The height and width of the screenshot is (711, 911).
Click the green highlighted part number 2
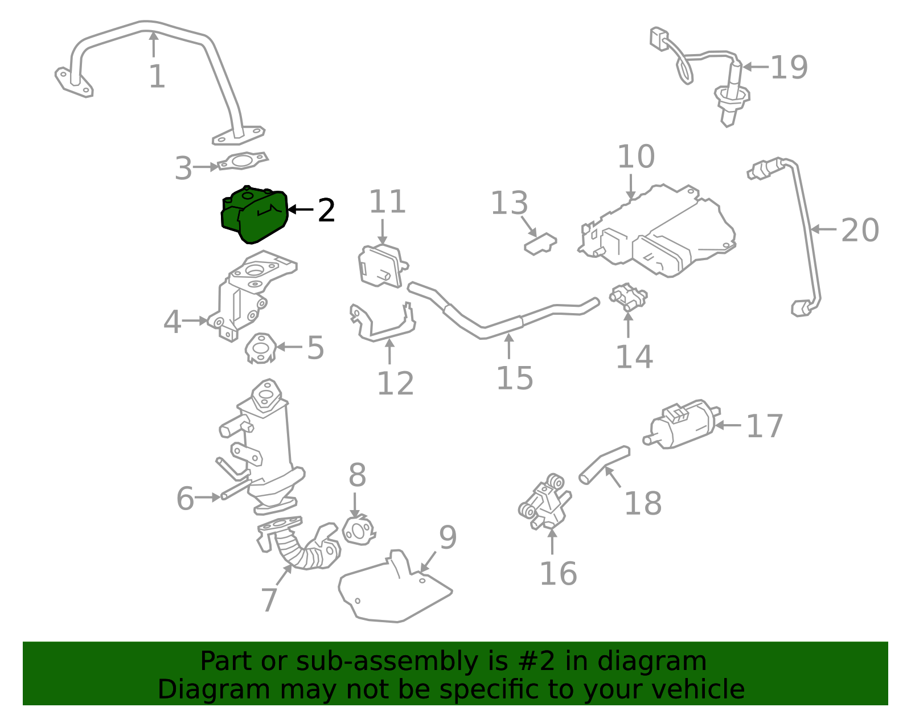click(254, 215)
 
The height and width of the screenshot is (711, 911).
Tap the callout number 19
click(789, 68)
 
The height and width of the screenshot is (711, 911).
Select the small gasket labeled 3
click(244, 161)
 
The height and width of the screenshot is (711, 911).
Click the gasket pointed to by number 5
click(261, 347)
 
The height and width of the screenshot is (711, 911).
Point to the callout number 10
click(636, 157)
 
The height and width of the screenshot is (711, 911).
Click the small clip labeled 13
click(540, 244)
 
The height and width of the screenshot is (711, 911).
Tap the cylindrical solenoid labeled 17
click(682, 425)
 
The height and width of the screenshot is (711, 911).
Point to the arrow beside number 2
click(301, 209)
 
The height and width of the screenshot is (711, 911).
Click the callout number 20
click(860, 231)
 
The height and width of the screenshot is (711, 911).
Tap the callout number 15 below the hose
click(514, 378)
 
